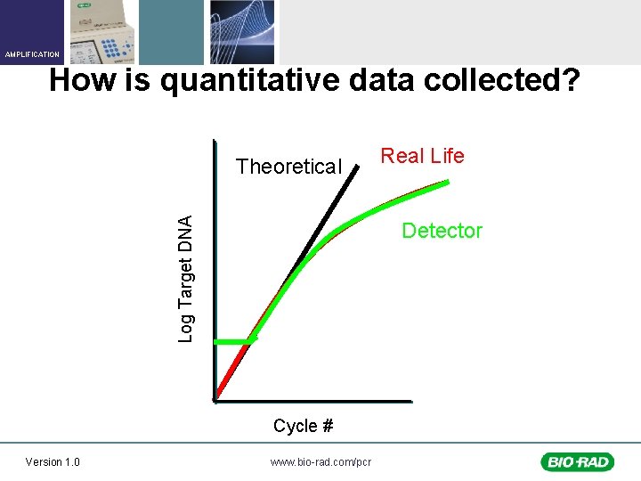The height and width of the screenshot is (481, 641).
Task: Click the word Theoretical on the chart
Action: pos(288,167)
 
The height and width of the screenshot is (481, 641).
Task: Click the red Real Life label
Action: pos(422,156)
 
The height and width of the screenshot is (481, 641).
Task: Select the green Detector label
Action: pos(442,231)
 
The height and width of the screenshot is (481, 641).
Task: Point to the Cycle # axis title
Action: pos(303,426)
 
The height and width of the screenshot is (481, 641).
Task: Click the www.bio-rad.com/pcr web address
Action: pos(320,461)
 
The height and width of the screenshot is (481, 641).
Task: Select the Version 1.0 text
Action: pos(53,461)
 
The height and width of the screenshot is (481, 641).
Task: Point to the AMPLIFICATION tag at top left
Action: pos(31,54)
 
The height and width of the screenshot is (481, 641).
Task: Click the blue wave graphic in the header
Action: pos(241,32)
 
